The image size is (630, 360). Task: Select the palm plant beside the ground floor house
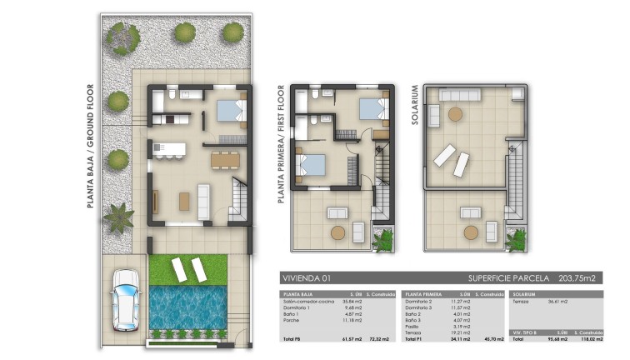[x=117, y=218]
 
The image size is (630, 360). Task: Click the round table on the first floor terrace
[x=337, y=232]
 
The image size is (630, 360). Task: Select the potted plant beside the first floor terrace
[x=384, y=240]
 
